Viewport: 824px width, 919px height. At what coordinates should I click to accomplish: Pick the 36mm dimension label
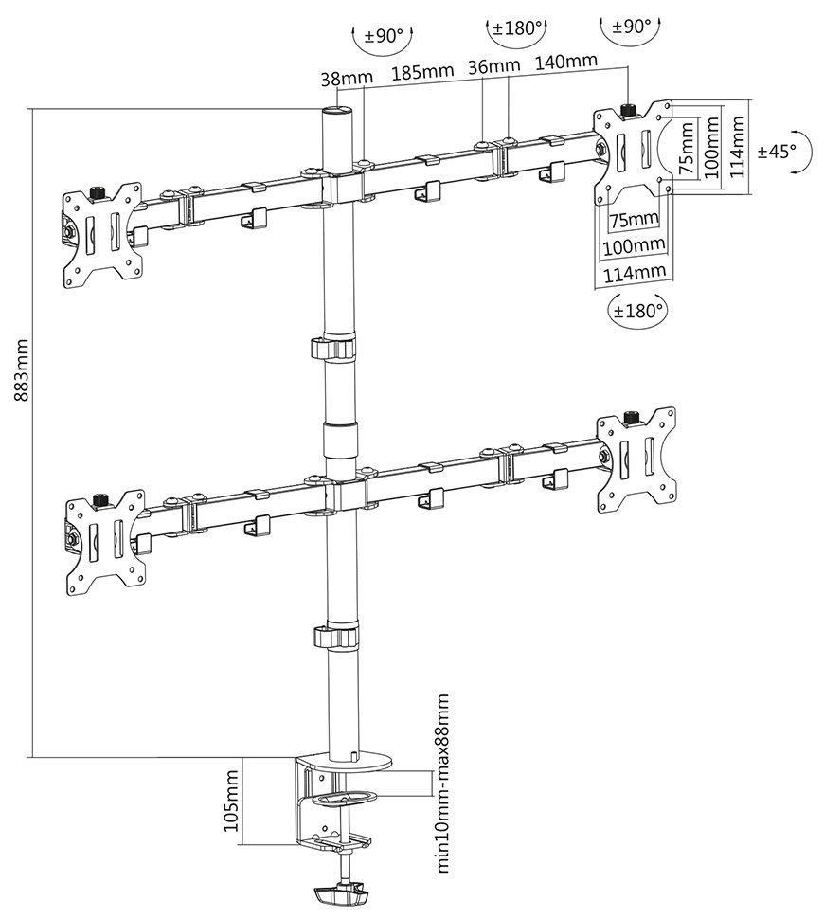[493, 66]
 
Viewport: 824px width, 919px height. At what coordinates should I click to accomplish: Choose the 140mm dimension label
[565, 62]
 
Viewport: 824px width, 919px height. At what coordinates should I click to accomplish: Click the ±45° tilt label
[777, 150]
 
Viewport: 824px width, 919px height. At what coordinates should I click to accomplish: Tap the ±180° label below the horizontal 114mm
[636, 309]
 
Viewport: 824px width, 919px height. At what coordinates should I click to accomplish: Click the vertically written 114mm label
[736, 148]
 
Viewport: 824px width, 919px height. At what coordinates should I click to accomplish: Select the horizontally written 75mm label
[633, 220]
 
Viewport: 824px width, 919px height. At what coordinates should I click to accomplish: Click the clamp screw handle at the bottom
[340, 893]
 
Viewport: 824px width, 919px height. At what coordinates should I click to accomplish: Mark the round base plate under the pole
[349, 761]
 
